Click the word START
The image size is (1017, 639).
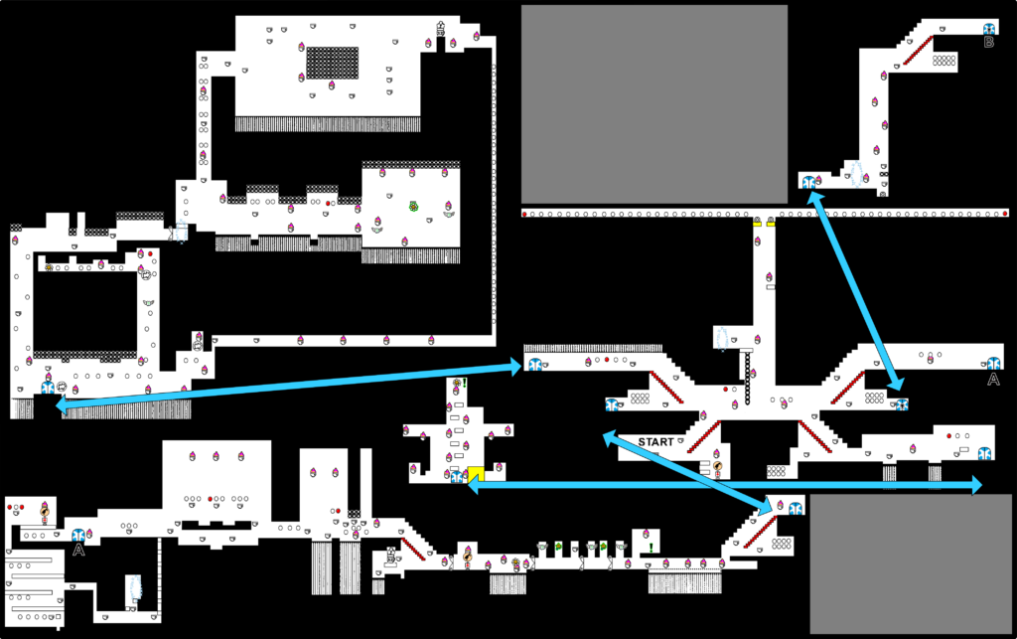coord(655,442)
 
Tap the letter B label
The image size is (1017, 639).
coord(988,43)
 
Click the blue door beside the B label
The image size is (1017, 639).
coord(988,29)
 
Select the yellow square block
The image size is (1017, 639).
coord(476,474)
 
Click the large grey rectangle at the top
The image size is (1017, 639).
coord(654,104)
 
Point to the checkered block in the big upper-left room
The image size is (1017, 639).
coord(332,63)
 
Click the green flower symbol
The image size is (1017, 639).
coord(413,207)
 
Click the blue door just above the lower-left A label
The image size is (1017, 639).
coord(78,536)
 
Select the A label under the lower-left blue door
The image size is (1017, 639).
coord(78,551)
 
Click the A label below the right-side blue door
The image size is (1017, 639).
coord(993,380)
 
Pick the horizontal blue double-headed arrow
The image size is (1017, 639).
coord(724,485)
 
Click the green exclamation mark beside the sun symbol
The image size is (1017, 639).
coord(465,383)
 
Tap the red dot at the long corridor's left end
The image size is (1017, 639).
coord(524,214)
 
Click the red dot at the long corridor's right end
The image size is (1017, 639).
coord(1005,214)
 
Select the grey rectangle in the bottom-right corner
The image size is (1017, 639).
coord(911,563)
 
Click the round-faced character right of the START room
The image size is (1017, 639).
coord(717,467)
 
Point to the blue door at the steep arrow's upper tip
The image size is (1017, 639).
coord(808,182)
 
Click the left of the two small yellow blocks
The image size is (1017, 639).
coord(757,223)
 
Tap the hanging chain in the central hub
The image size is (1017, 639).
coord(747,379)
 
